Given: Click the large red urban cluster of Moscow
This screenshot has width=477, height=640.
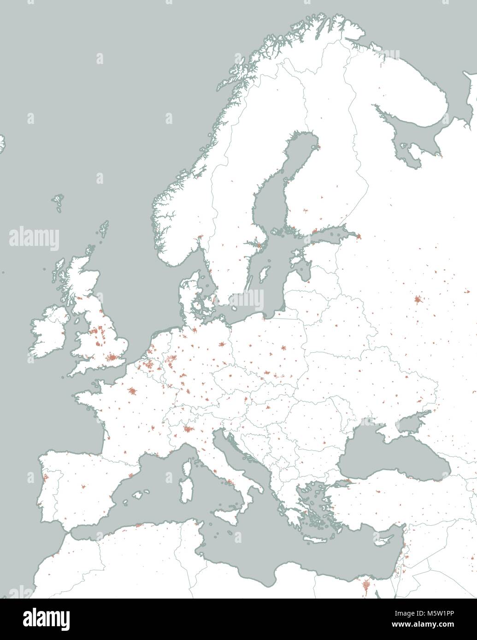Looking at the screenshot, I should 418,301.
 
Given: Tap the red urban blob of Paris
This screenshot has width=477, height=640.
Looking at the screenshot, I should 133,392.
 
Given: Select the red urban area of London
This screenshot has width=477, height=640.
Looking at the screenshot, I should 112,358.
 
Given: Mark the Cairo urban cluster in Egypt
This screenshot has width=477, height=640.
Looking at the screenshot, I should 366,586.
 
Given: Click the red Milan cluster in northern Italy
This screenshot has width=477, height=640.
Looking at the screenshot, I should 187,430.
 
